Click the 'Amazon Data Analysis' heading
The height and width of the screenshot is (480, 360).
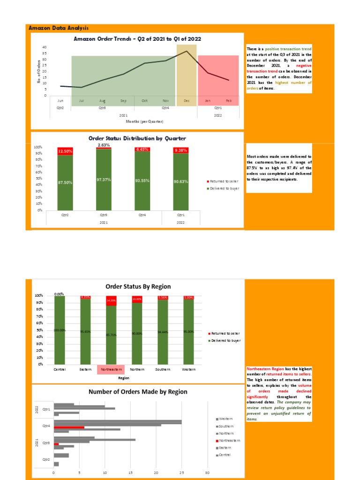tap(59, 28)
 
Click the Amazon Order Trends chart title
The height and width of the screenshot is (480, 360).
tap(137, 39)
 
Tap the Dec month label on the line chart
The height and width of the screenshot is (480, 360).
tap(187, 101)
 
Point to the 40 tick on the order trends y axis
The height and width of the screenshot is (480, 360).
tap(45, 47)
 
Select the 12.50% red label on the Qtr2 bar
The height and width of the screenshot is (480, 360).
tap(65, 151)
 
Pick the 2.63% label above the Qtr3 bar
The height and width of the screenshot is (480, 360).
tap(104, 145)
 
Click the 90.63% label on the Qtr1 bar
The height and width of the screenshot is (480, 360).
tap(180, 182)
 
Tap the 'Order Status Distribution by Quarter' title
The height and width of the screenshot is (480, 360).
tap(137, 138)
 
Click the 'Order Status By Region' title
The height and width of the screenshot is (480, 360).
tap(138, 286)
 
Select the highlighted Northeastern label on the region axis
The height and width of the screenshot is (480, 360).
tap(111, 369)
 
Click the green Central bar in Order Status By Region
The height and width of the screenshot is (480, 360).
tap(60, 330)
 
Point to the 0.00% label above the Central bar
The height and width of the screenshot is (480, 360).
tap(59, 294)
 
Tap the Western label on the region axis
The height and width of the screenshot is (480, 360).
tap(188, 369)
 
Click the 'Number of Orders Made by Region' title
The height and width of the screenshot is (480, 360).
tap(138, 391)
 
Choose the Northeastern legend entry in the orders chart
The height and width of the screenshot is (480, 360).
tap(229, 440)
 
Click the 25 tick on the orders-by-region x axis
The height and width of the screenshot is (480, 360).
tap(181, 472)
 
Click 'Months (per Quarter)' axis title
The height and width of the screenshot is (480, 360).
tap(144, 121)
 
